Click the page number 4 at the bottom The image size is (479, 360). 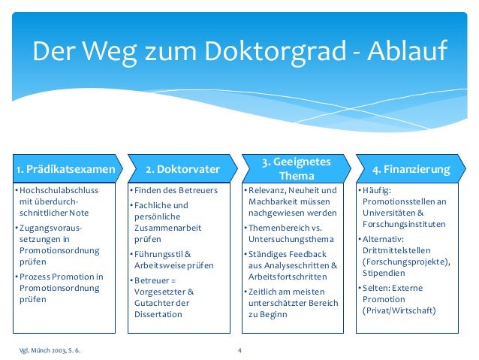(239, 349)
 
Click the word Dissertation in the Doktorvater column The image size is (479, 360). (158, 314)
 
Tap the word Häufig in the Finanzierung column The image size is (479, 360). (377, 190)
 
